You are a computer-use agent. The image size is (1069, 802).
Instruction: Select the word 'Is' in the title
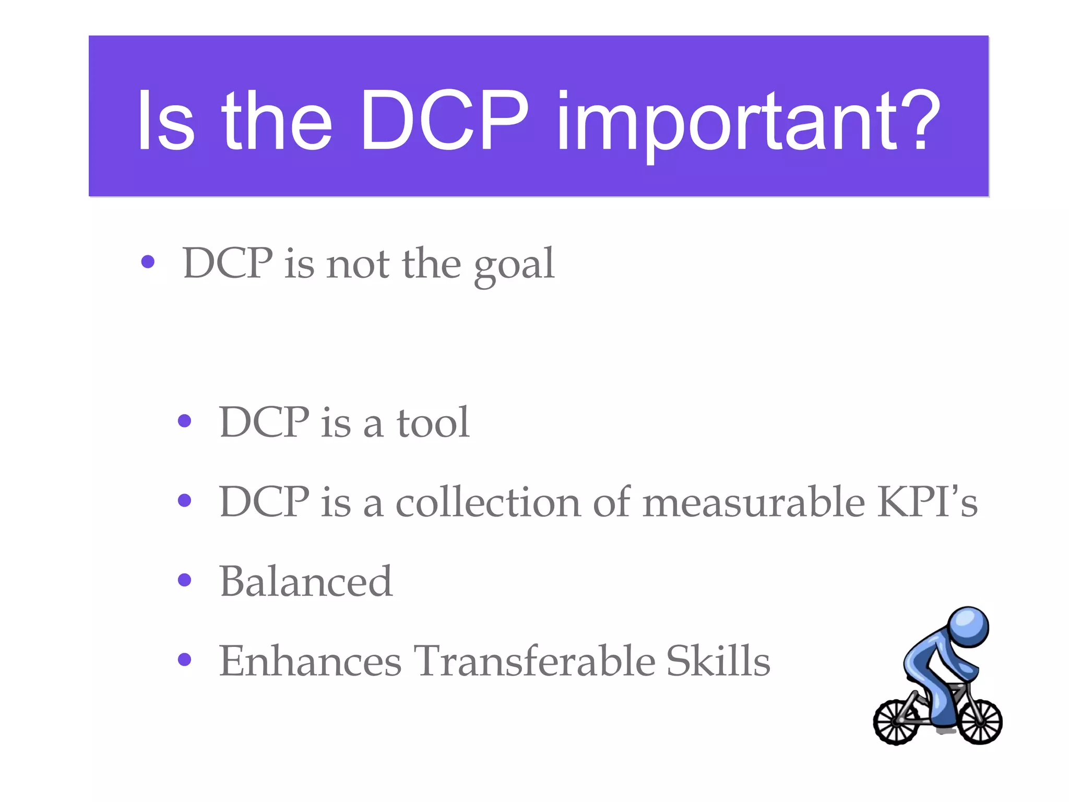tap(165, 121)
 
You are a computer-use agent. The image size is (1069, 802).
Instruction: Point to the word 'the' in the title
tap(277, 121)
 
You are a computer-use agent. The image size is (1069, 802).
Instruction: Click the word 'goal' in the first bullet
tap(514, 265)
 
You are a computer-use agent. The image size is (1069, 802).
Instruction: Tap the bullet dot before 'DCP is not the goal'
tap(148, 262)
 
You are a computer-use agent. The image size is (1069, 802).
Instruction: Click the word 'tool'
tap(433, 422)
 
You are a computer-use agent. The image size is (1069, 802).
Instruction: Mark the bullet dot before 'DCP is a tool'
tap(184, 420)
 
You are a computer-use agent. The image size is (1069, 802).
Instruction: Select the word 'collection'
tap(488, 502)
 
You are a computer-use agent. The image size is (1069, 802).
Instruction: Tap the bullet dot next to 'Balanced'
tap(184, 580)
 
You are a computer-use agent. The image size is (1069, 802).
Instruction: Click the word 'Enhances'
tap(310, 661)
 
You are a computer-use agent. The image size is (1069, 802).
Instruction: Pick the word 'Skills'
tap(718, 661)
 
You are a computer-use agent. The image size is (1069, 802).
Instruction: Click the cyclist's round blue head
tap(968, 626)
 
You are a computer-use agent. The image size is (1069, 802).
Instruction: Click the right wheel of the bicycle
tap(981, 722)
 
